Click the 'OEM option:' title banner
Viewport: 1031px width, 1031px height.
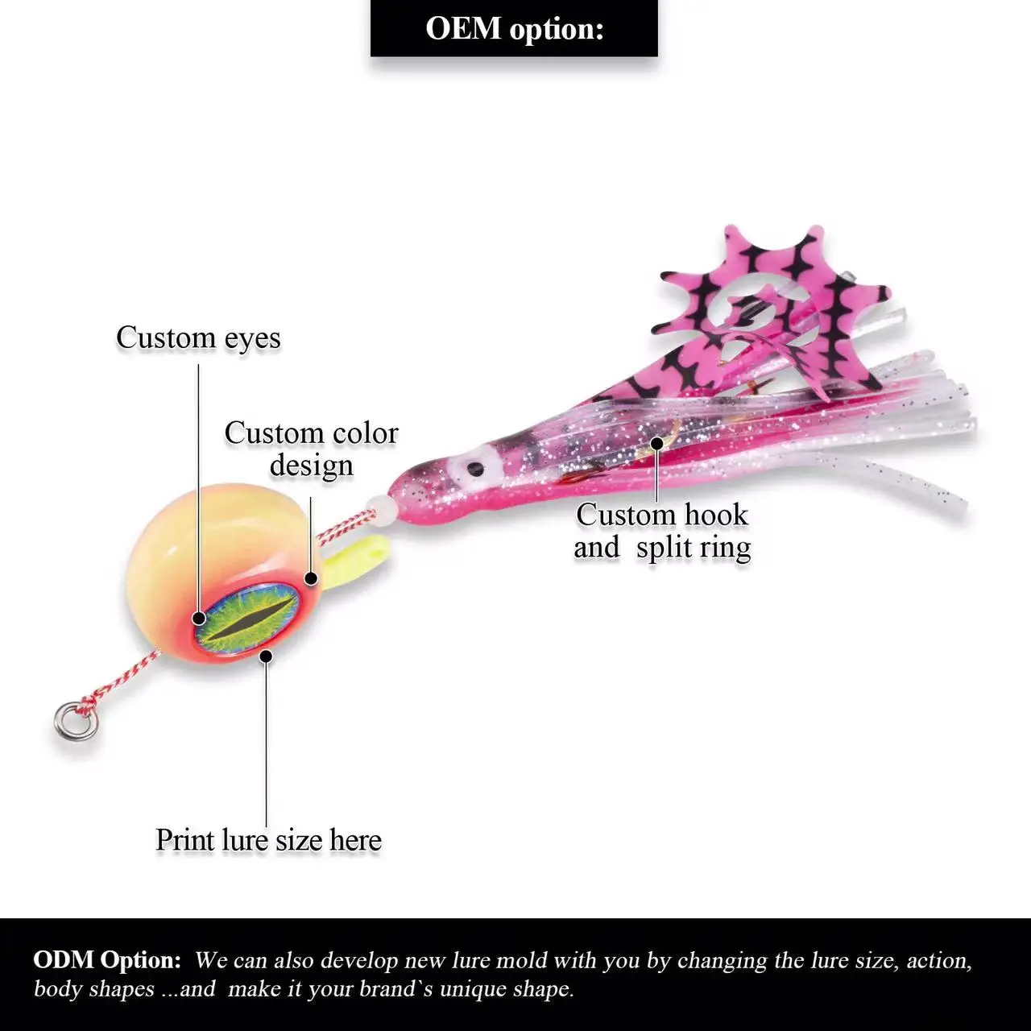tap(514, 28)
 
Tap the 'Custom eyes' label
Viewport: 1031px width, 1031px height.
tap(198, 337)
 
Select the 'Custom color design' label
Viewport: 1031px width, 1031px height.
tap(311, 449)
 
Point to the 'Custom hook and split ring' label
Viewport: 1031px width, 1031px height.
tap(662, 531)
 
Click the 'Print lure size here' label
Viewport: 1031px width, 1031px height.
tap(268, 840)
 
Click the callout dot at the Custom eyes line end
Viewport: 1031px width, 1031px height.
tap(199, 619)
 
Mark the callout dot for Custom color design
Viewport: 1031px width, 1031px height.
tap(310, 577)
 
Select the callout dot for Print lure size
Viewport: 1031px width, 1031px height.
tap(267, 656)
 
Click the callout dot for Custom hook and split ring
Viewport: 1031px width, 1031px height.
tap(657, 442)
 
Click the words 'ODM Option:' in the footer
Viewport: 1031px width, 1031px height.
tap(107, 960)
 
